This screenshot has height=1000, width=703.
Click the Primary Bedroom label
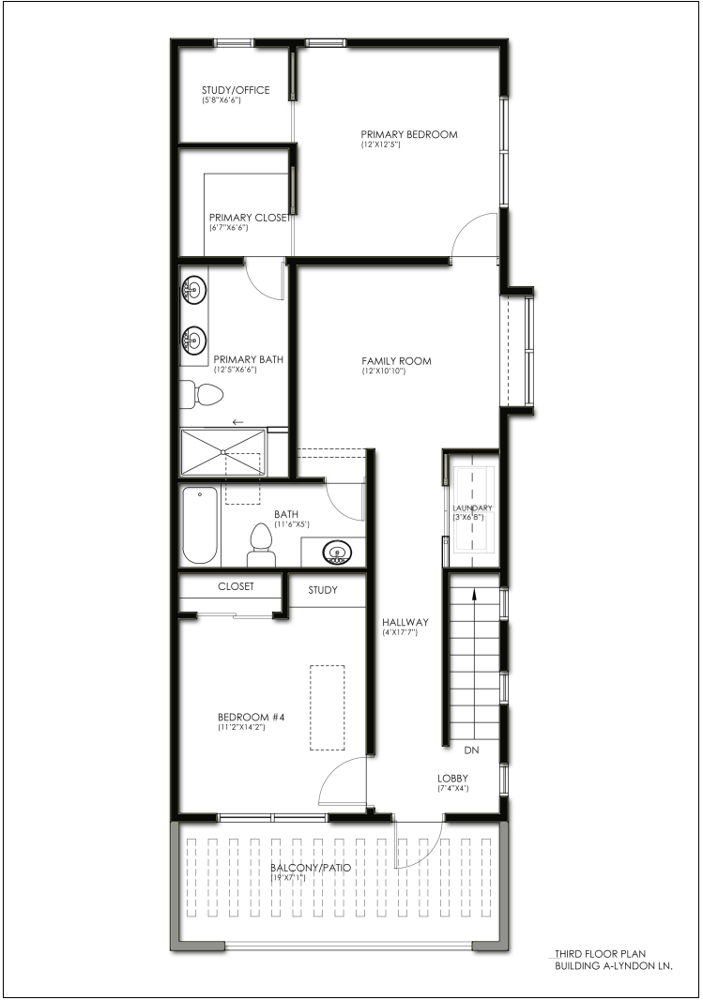pyautogui.click(x=409, y=134)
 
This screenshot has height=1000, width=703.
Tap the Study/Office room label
pyautogui.click(x=236, y=90)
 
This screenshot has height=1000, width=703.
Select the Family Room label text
pyautogui.click(x=396, y=361)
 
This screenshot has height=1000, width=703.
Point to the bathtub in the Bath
pyautogui.click(x=200, y=525)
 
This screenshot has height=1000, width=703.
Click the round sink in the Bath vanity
pyautogui.click(x=336, y=551)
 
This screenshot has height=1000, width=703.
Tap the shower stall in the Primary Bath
pyautogui.click(x=222, y=452)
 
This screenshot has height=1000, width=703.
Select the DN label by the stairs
pyautogui.click(x=471, y=750)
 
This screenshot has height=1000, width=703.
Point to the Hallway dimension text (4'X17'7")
pyautogui.click(x=400, y=632)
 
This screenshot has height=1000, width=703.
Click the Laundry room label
pyautogui.click(x=473, y=508)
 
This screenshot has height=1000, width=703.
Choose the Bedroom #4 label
pyautogui.click(x=252, y=717)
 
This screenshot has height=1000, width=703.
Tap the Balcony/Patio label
pyautogui.click(x=311, y=868)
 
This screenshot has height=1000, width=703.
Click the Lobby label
pyautogui.click(x=453, y=778)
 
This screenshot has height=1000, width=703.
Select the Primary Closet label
pyautogui.click(x=250, y=218)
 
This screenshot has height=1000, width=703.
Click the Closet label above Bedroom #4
pyautogui.click(x=236, y=586)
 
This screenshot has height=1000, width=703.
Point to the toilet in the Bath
pyautogui.click(x=261, y=545)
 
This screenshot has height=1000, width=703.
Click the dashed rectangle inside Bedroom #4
pyautogui.click(x=328, y=708)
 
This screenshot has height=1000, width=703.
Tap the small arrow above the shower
pyautogui.click(x=238, y=422)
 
